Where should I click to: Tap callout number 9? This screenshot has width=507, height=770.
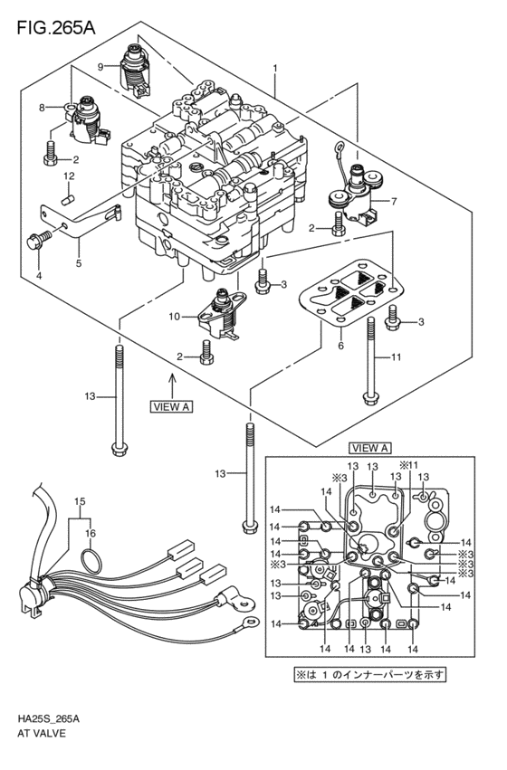pyautogui.click(x=102, y=65)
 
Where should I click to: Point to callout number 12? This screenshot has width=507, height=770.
pyautogui.click(x=68, y=175)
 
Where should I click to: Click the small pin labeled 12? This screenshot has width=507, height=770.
pyautogui.click(x=67, y=193)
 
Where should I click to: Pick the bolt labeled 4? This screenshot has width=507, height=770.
pyautogui.click(x=37, y=240)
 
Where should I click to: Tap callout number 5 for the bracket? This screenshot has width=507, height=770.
pyautogui.click(x=78, y=264)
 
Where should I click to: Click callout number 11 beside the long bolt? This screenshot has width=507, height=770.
pyautogui.click(x=395, y=359)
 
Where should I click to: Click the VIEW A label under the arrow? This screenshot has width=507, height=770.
pyautogui.click(x=169, y=407)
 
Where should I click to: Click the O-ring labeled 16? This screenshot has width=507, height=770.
pyautogui.click(x=89, y=561)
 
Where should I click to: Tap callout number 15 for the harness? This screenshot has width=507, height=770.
pyautogui.click(x=80, y=501)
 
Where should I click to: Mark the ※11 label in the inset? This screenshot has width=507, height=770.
pyautogui.click(x=410, y=464)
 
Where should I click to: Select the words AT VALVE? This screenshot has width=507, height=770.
pyautogui.click(x=41, y=736)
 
